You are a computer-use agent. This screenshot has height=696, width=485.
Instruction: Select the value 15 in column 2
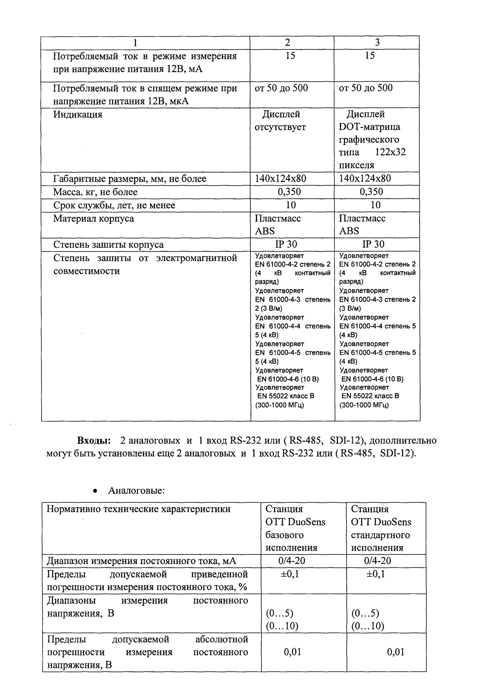(290, 56)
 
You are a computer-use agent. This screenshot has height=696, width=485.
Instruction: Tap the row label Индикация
(78, 115)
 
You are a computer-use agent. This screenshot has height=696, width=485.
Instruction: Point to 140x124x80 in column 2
(280, 179)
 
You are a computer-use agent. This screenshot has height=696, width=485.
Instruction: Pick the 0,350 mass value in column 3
(372, 192)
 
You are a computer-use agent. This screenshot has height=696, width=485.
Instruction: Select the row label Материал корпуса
(93, 219)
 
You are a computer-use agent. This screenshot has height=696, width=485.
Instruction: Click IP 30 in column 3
(373, 244)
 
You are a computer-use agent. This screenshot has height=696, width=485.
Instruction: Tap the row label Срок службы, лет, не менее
(114, 205)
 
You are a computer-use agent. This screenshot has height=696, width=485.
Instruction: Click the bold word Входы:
(94, 441)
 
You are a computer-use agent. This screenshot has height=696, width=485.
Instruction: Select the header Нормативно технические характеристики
(139, 509)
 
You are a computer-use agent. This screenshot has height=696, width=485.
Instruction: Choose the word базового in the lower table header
(284, 535)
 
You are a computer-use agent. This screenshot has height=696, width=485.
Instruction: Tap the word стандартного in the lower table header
(380, 535)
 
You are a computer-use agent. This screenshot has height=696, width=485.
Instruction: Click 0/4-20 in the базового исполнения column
(291, 561)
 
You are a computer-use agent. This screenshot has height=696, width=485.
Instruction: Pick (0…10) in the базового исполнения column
(282, 626)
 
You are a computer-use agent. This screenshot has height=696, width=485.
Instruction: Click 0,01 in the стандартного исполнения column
(396, 652)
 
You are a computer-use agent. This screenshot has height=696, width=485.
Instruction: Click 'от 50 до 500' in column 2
(281, 88)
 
